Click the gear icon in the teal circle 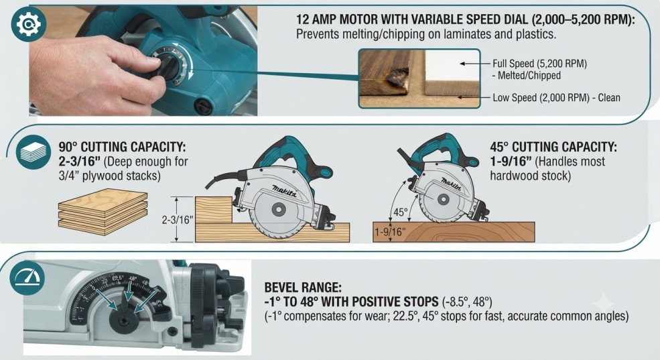pos(28,25)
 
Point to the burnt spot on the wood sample pos(397,78)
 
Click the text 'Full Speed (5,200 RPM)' pos(539,64)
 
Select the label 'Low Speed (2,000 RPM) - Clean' pos(556,98)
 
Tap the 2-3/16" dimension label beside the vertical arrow pos(177,220)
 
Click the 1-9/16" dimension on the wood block pos(390,231)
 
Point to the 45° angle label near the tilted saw pos(400,213)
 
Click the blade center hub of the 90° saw pos(278,209)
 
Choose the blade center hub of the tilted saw pos(443,198)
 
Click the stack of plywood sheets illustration pos(103,212)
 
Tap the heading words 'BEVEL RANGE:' pos(303,288)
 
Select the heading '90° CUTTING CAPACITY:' pos(122,147)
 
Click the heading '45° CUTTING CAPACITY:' pos(553,147)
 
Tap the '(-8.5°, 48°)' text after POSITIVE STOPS pos(467,302)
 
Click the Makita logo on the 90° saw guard pos(284,191)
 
